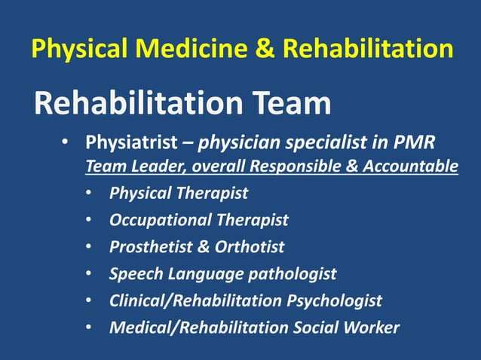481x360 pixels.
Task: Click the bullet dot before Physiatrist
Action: pyautogui.click(x=66, y=142)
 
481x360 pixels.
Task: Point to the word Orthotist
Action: pyautogui.click(x=252, y=246)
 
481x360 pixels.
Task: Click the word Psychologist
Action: pyautogui.click(x=335, y=301)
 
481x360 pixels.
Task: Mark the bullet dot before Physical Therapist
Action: pyautogui.click(x=89, y=194)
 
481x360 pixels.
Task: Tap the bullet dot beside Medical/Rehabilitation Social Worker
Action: pyautogui.click(x=89, y=328)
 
